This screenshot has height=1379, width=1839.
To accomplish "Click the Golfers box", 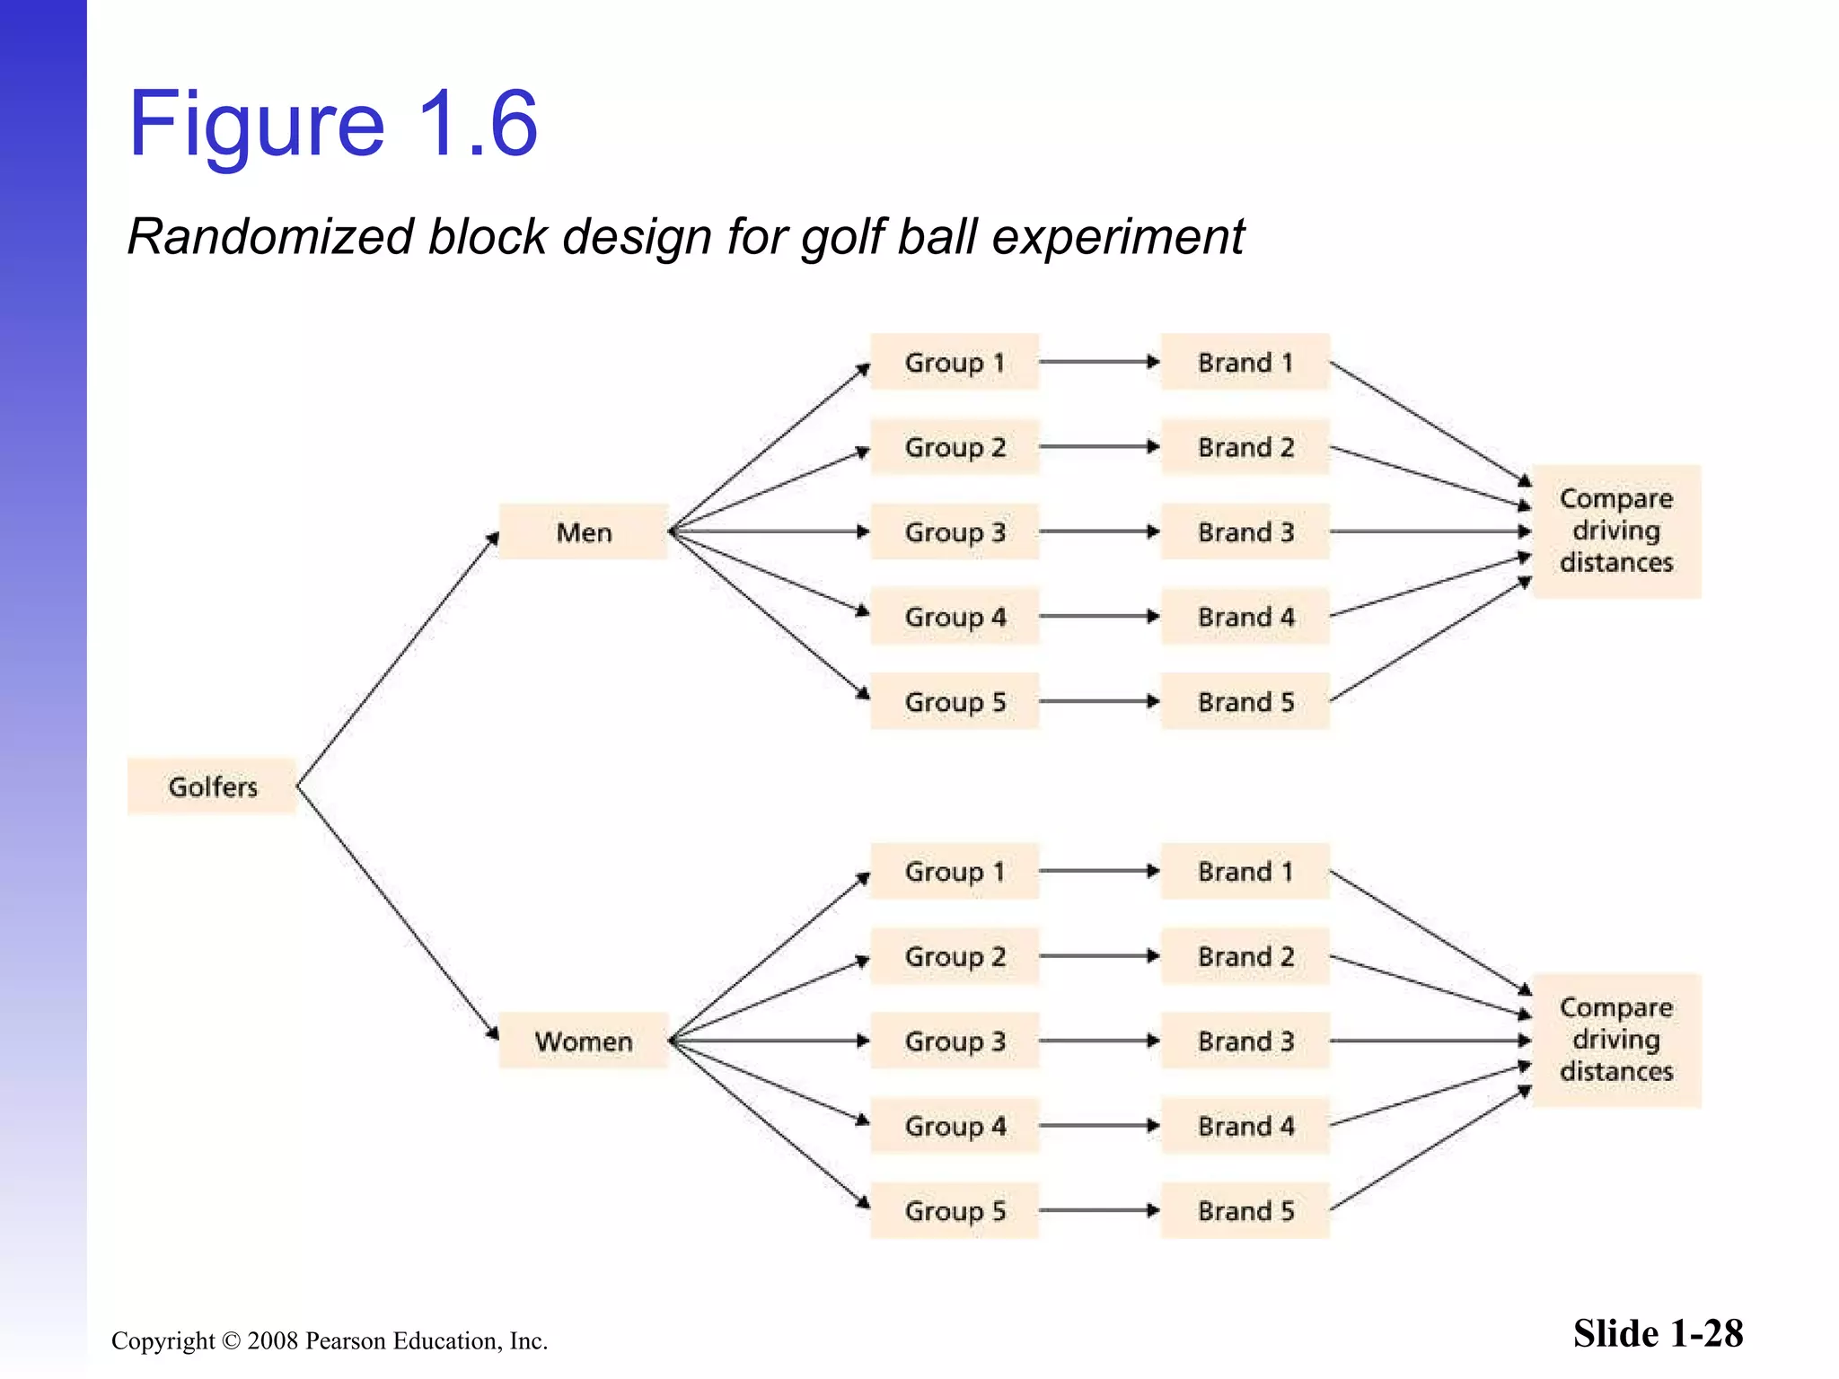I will pos(212,786).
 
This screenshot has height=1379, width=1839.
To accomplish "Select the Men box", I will pos(583,532).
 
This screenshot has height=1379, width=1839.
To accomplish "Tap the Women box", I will pos(583,1041).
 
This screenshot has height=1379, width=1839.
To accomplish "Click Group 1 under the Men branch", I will pos(955,363).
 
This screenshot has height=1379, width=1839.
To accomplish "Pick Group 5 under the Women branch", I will pos(955,1210).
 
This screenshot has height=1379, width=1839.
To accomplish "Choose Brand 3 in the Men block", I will pos(1245,532).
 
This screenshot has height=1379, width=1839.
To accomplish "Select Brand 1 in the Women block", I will pos(1245,871).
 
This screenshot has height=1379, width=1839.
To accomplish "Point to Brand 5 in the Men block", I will pos(1245,701).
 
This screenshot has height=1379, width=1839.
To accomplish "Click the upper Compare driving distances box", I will pos(1616,531).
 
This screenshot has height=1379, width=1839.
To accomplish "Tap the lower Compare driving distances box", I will pos(1616,1040).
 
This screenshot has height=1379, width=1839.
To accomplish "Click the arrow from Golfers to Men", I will pos(397,660).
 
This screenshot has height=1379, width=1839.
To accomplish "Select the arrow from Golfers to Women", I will pos(397,913).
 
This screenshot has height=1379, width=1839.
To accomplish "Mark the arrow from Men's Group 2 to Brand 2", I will pos(1099,447).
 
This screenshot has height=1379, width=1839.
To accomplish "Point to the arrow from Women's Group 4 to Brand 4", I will pos(1099,1126).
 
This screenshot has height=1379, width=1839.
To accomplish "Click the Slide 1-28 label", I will pos(1658,1333).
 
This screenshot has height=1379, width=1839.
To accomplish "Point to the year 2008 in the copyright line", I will pos(273,1340).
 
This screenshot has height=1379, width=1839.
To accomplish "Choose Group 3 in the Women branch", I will pos(955,1041).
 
